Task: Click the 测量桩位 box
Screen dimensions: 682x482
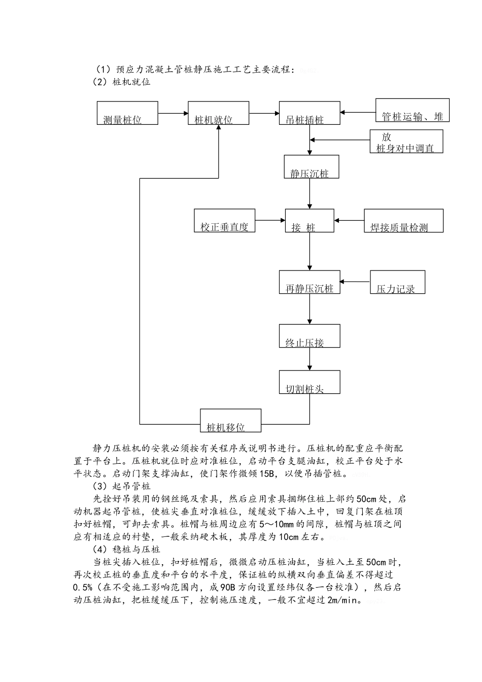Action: point(127,113)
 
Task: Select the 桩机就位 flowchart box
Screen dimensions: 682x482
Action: point(218,113)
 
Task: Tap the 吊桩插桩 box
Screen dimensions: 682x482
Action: point(309,113)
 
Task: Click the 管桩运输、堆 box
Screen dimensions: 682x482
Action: point(412,111)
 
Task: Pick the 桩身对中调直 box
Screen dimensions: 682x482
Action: point(406,142)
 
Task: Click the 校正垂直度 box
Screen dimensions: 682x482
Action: point(224,221)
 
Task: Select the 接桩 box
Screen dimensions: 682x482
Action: point(309,221)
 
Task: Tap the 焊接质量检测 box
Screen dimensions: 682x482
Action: point(403,221)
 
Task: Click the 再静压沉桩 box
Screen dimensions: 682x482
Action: point(309,282)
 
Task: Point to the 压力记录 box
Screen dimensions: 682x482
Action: point(397,282)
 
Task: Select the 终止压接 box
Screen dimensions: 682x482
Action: point(309,336)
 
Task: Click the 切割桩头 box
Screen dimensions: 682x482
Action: point(309,382)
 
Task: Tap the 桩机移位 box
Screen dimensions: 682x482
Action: point(230,421)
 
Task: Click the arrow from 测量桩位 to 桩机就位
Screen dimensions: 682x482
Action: point(173,114)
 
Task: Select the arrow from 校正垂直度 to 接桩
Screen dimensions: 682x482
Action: point(270,221)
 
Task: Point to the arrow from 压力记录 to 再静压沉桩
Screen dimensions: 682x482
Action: point(355,282)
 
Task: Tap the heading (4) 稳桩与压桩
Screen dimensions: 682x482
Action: point(126,550)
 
